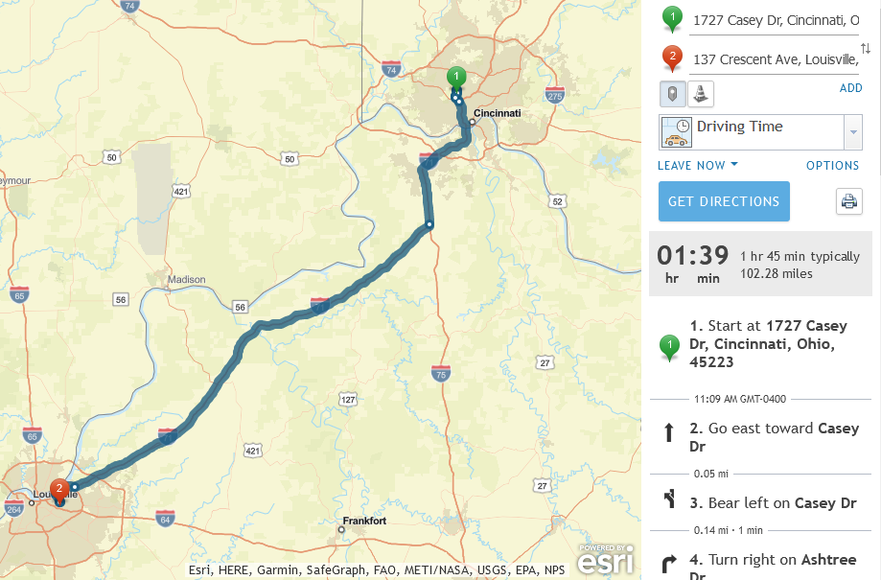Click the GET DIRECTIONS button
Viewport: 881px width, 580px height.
[724, 201]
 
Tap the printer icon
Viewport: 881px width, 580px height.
[848, 201]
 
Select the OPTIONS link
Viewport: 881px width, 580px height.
[832, 166]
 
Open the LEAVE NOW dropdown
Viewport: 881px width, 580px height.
[698, 165]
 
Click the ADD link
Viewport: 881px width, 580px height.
[850, 88]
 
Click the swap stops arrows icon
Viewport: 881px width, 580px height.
[866, 48]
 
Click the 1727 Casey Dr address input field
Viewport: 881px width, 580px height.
[775, 20]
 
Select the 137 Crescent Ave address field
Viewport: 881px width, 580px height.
[775, 59]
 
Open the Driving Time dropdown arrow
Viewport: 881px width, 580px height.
[852, 131]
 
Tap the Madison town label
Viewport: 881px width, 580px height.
[186, 280]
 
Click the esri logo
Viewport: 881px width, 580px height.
[606, 559]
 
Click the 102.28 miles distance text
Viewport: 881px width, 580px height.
[777, 273]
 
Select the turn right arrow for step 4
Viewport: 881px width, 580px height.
[670, 563]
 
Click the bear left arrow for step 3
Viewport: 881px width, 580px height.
[670, 499]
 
